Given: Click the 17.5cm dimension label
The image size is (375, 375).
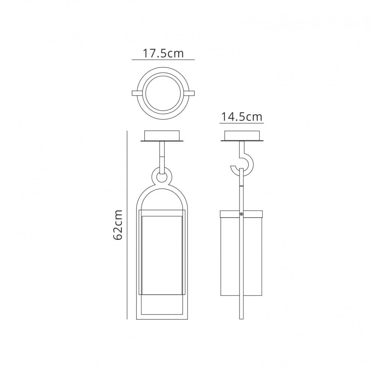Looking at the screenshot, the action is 163,53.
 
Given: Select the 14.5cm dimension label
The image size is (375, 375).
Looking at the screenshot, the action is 241,117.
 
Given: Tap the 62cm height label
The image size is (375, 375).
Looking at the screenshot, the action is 118,225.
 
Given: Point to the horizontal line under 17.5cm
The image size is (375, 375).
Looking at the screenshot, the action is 163,60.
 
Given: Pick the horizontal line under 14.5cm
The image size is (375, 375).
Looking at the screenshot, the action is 241,123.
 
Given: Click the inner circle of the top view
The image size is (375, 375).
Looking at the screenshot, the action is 163,93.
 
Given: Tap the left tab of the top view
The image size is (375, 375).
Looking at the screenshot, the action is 137,93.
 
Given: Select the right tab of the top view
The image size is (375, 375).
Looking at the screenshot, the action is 189,93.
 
